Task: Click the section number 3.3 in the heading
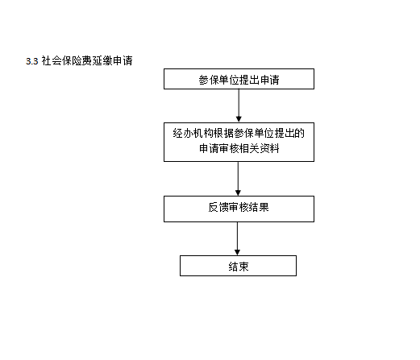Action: point(32,61)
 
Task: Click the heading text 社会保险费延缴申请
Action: point(87,60)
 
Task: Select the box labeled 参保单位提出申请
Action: point(239,79)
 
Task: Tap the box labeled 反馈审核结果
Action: point(239,209)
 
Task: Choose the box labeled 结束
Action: point(238,266)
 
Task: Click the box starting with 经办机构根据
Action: point(239,142)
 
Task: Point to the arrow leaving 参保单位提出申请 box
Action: point(239,106)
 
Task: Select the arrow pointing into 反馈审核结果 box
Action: point(238,179)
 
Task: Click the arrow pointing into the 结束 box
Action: point(237,238)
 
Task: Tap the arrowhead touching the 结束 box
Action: point(237,253)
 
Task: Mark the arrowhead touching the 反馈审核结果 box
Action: point(238,193)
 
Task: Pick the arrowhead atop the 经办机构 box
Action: point(239,119)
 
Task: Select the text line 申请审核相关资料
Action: point(239,148)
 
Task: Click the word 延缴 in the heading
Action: point(102,60)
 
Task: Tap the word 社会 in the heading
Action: point(52,60)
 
